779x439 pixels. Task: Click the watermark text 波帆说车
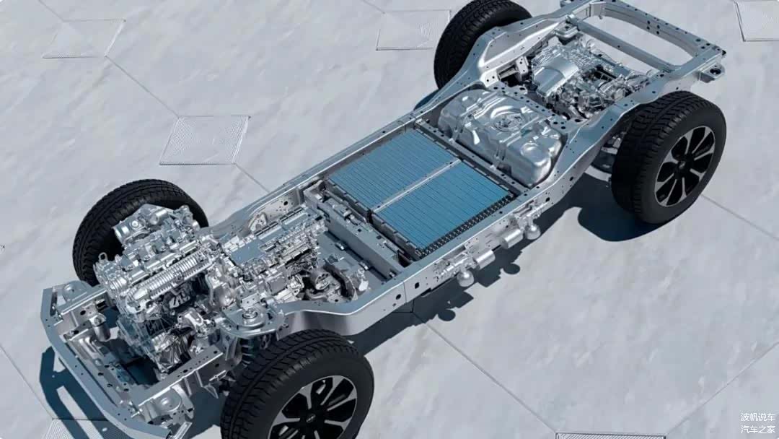coord(757,417)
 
